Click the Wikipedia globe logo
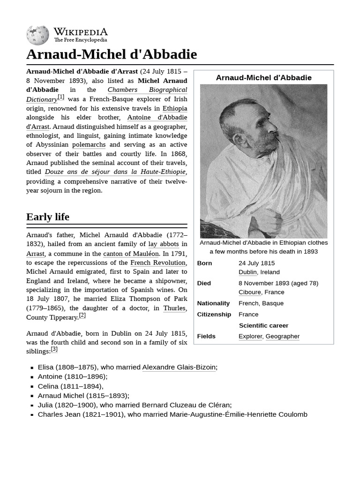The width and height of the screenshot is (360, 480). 37,35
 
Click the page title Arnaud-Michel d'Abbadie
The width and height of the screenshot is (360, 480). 111,54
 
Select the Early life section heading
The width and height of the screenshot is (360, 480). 48,217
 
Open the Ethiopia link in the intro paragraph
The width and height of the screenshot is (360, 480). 174,108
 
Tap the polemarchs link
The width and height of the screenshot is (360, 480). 89,145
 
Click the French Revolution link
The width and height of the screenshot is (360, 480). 157,262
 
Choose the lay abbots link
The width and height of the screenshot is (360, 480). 163,244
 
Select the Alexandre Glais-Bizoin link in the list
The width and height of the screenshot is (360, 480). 179,367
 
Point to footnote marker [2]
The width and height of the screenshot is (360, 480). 82,315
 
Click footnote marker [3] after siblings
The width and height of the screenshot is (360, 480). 54,349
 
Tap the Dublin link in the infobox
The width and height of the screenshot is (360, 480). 247,272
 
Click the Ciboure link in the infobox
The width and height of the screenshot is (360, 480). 249,292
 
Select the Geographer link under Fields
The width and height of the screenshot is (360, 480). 282,336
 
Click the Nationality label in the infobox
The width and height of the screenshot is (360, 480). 213,303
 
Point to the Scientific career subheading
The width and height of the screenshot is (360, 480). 263,325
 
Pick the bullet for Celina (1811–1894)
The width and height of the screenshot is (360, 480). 32,387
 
